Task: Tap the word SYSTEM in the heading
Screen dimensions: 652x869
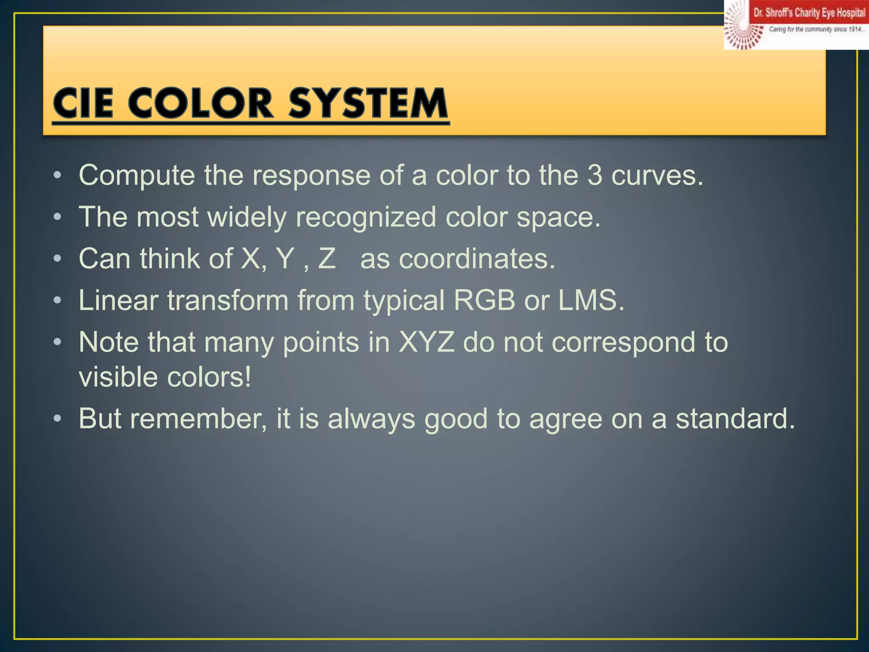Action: coord(368,103)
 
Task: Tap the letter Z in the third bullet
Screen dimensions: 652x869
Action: coord(327,258)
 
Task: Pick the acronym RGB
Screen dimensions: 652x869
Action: coord(484,300)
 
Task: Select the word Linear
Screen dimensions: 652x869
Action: coord(118,300)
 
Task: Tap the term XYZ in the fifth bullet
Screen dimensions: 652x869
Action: coord(426,342)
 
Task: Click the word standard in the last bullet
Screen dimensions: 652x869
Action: coord(735,419)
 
